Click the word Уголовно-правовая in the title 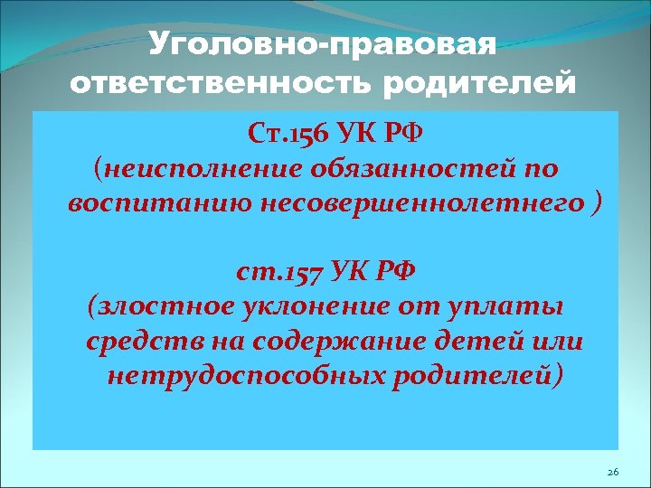[x=324, y=42]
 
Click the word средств [x=143, y=342]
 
